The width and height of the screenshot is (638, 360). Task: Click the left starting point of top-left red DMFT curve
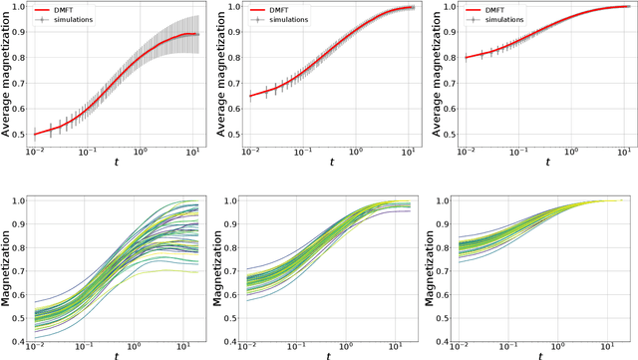(x=37, y=134)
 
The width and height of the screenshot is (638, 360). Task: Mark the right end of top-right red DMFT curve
(x=621, y=7)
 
